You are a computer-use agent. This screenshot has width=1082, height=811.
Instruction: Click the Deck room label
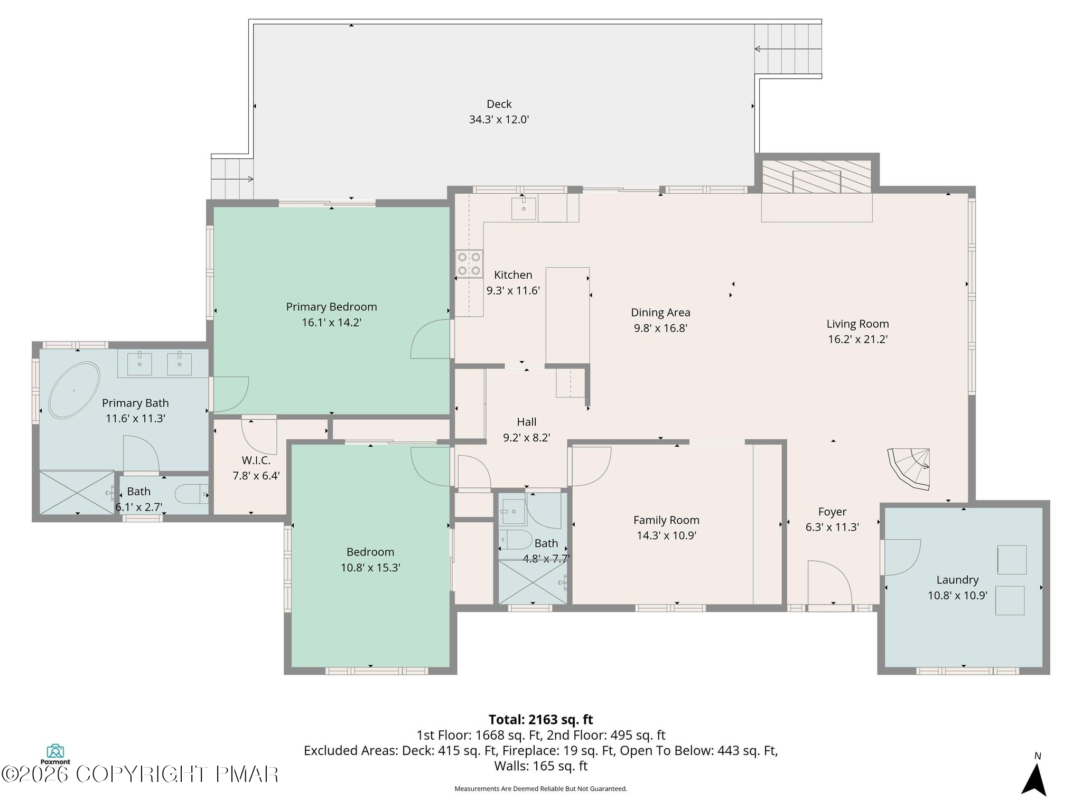(499, 104)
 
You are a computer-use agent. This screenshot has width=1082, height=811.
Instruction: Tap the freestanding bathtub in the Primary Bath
(74, 390)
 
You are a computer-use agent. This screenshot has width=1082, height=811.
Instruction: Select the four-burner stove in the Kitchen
(469, 264)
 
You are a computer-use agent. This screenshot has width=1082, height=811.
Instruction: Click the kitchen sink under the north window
(524, 209)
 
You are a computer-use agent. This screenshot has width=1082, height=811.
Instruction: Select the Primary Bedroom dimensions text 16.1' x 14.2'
(331, 323)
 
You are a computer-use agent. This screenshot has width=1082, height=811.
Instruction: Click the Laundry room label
(957, 580)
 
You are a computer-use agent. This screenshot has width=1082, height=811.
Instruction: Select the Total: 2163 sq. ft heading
(540, 720)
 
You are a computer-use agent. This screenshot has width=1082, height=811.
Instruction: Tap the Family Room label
(666, 520)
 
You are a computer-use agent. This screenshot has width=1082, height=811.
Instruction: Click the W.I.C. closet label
(256, 460)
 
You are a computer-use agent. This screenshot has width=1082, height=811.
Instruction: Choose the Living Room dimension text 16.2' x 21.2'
(857, 340)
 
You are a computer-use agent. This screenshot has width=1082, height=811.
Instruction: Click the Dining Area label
(660, 313)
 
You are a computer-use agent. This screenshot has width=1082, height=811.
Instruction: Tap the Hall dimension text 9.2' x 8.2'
(526, 438)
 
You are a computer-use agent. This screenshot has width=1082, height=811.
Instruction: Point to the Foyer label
(832, 512)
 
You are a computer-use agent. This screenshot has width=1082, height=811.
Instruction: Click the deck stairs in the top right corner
(788, 49)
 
